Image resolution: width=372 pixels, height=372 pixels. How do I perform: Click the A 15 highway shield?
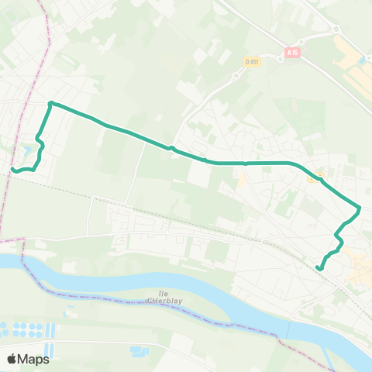(x=291, y=53)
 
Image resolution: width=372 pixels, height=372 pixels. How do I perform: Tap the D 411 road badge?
(x=251, y=62)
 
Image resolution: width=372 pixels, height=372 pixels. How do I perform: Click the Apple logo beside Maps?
(x=12, y=359)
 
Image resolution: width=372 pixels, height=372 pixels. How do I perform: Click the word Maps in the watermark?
(x=34, y=359)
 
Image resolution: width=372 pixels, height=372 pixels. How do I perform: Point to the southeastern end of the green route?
(x=319, y=268)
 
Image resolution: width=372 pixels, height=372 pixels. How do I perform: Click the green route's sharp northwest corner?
(x=50, y=103)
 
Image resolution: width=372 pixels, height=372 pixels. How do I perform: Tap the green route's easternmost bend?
(x=360, y=208)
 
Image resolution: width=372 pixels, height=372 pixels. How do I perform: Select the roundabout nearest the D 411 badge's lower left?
(x=235, y=76)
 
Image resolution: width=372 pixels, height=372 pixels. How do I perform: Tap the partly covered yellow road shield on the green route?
(x=314, y=177)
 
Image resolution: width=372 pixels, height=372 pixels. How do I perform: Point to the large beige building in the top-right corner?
(x=358, y=77)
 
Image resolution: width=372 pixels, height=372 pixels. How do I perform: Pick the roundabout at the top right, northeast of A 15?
(x=338, y=30)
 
